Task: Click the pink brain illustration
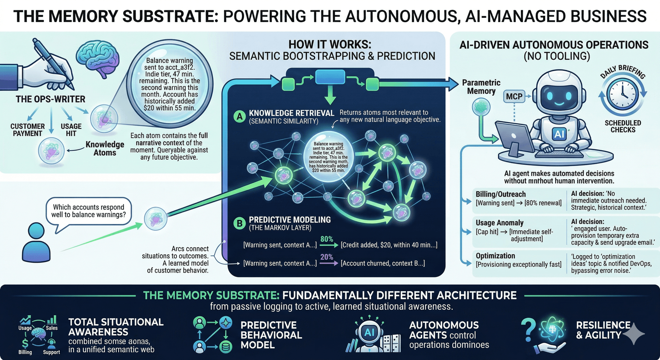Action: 98,59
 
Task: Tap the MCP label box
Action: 514,97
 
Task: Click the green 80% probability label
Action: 327,239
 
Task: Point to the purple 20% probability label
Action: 327,257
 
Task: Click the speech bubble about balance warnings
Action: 89,211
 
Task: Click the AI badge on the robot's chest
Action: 559,134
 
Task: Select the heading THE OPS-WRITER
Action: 51,99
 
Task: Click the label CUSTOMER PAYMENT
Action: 27,130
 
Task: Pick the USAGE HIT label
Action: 71,130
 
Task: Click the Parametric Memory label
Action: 481,87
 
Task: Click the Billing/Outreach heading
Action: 500,194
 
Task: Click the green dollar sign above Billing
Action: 25,343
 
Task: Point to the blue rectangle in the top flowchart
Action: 330,77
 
